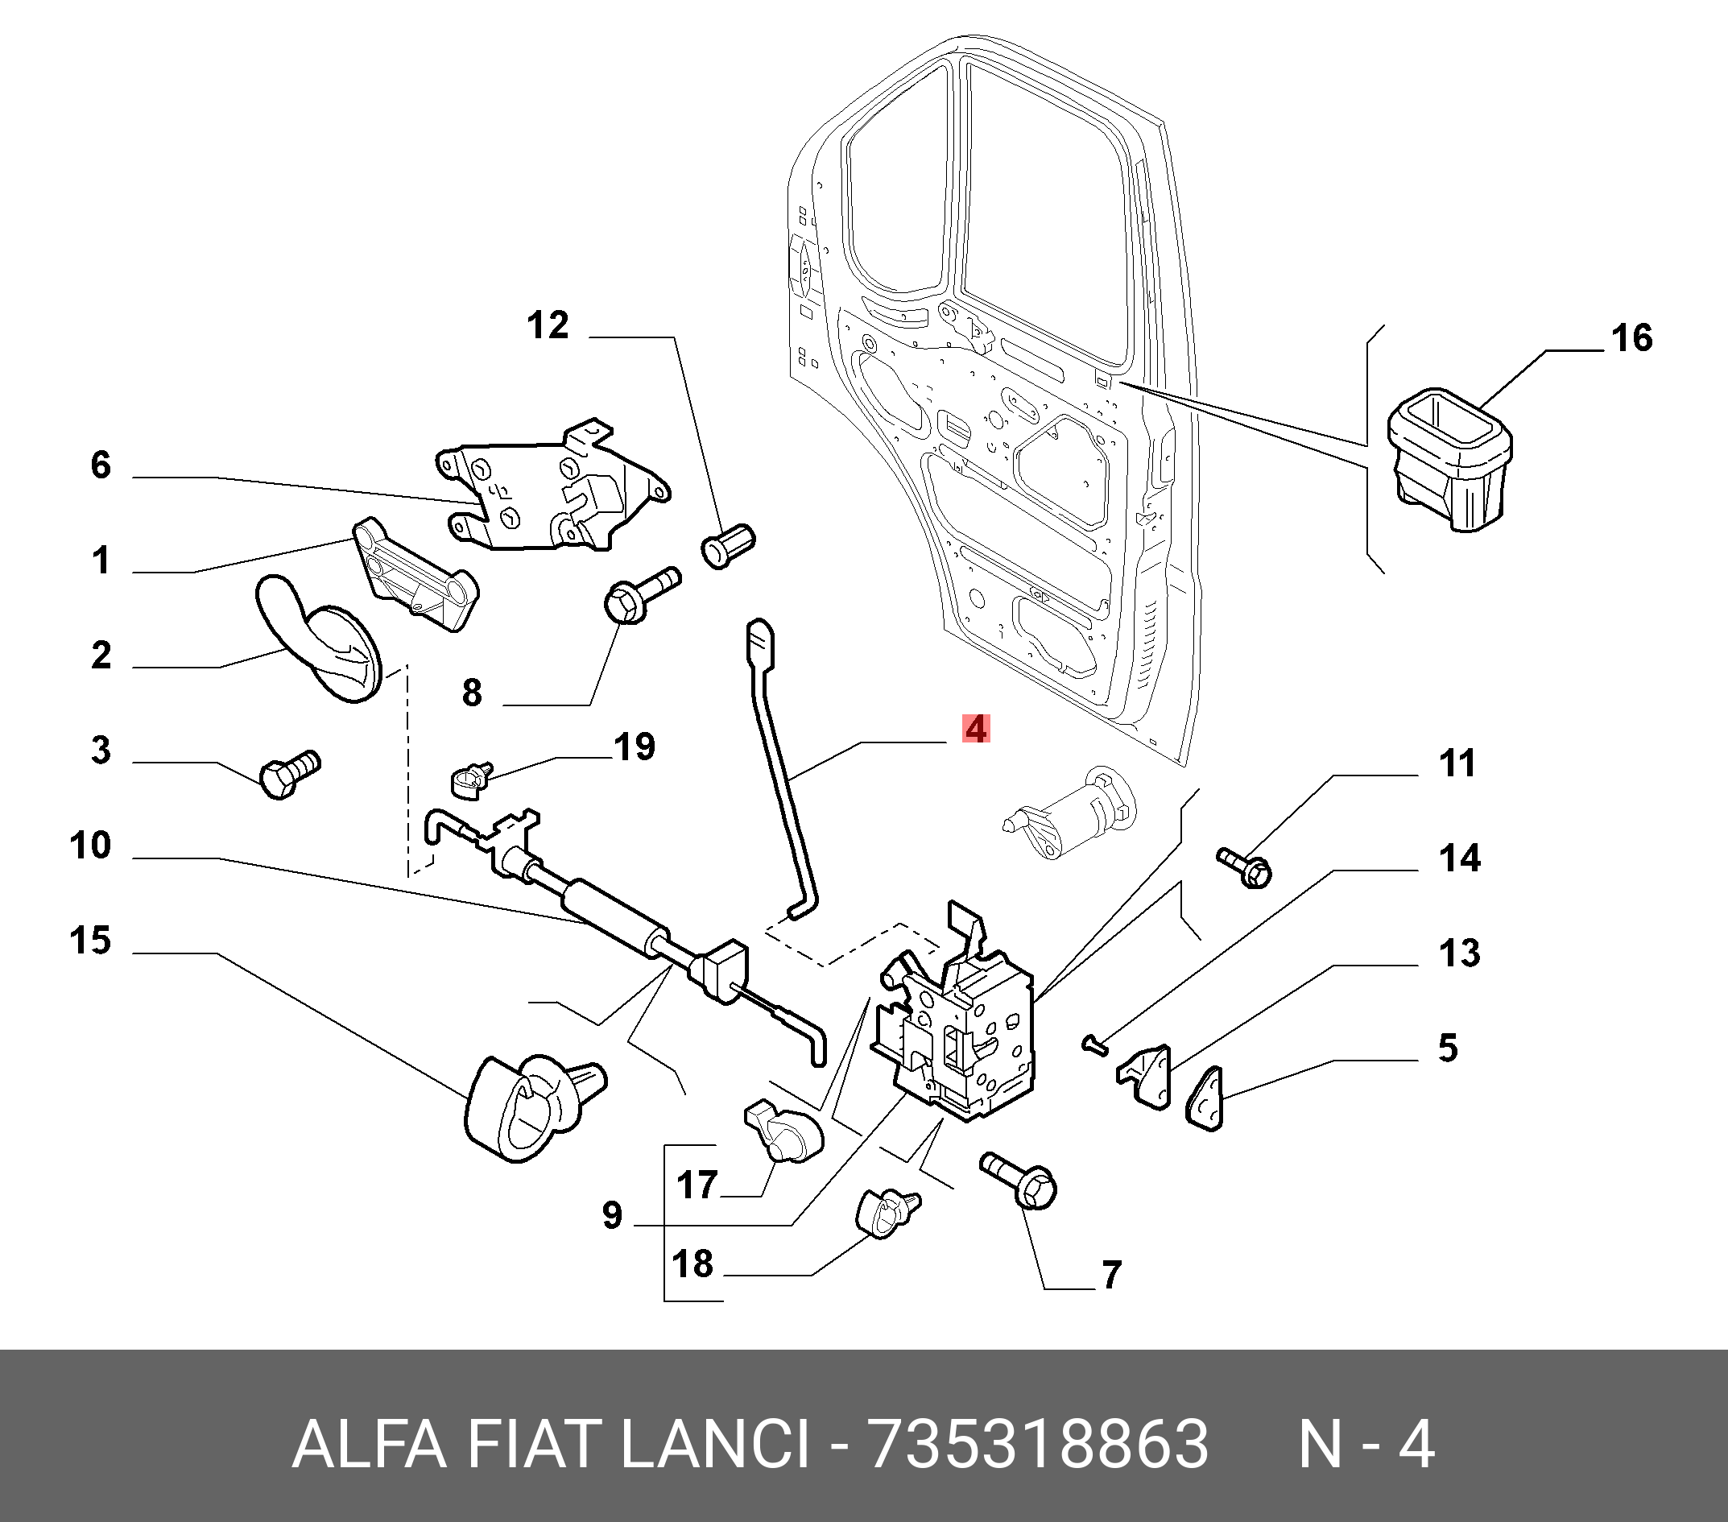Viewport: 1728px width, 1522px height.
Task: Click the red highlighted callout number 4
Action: (x=976, y=729)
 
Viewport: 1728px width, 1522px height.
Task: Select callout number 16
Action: (x=1631, y=338)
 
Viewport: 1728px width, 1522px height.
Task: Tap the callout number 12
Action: (x=548, y=325)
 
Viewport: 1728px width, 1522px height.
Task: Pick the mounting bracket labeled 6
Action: (x=549, y=490)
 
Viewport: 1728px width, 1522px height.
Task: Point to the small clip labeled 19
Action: (x=469, y=780)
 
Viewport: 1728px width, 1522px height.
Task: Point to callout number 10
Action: (x=90, y=846)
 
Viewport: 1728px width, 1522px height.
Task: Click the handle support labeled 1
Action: (x=414, y=575)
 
